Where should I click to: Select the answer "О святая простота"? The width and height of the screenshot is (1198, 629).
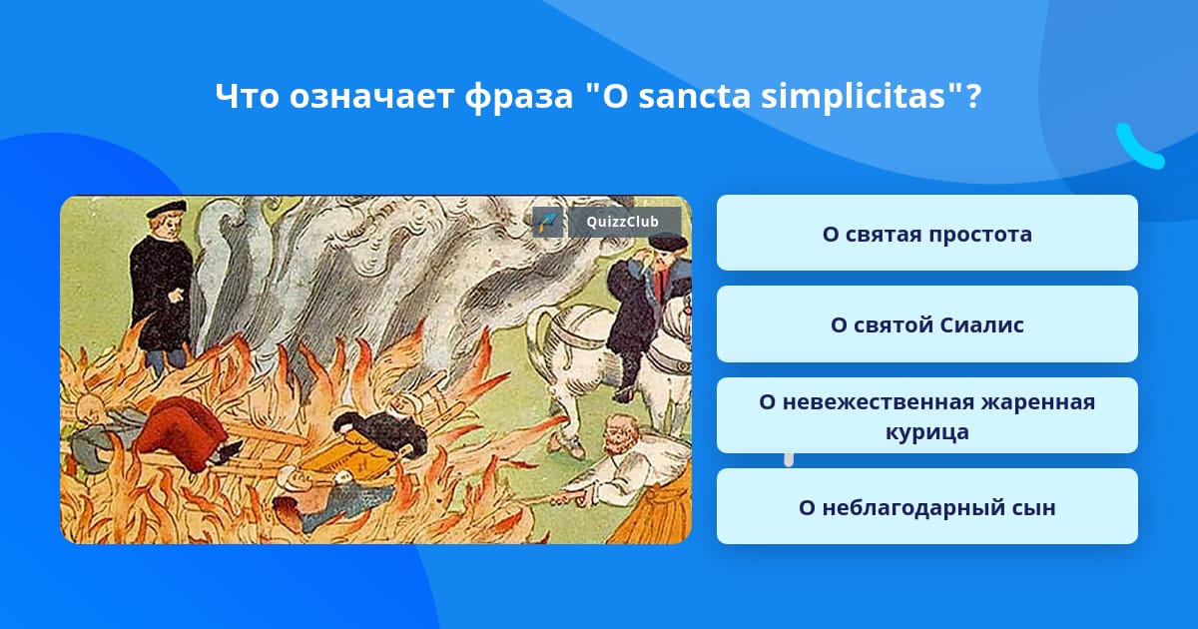pyautogui.click(x=926, y=233)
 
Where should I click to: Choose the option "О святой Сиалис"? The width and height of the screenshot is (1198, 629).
pyautogui.click(x=926, y=324)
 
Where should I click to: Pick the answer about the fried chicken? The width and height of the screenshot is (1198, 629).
pyautogui.click(x=926, y=415)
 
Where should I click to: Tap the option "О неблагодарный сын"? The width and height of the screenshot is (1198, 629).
pyautogui.click(x=926, y=506)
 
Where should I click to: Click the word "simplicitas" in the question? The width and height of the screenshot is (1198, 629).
pyautogui.click(x=854, y=96)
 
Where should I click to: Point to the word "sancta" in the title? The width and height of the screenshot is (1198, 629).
pyautogui.click(x=695, y=96)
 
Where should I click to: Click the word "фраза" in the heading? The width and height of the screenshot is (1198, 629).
pyautogui.click(x=519, y=98)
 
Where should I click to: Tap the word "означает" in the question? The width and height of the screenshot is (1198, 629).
pyautogui.click(x=371, y=98)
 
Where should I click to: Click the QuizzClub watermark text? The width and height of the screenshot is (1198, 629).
pyautogui.click(x=622, y=222)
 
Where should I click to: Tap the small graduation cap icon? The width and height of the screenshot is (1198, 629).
pyautogui.click(x=548, y=222)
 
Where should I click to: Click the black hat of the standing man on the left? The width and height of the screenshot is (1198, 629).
pyautogui.click(x=167, y=208)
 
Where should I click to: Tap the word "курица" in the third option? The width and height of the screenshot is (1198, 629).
pyautogui.click(x=926, y=432)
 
